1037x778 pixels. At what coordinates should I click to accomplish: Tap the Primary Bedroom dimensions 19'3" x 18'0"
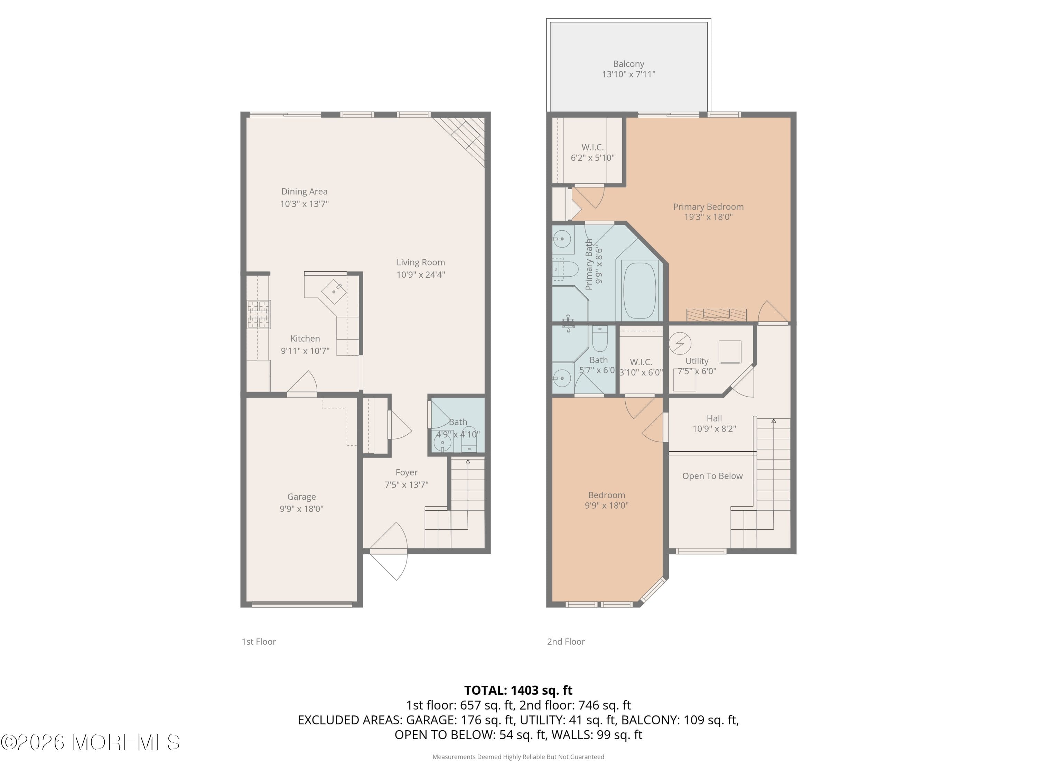click(708, 217)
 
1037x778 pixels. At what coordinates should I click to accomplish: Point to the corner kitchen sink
click(334, 292)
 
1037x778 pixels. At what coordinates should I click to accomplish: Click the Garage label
click(301, 497)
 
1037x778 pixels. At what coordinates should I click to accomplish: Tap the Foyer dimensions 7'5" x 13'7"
click(407, 485)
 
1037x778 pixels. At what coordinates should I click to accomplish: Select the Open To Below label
click(712, 476)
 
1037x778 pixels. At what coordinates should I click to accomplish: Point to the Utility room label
click(697, 361)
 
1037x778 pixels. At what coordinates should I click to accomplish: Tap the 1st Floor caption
click(259, 641)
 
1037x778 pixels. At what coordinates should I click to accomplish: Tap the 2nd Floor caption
click(566, 641)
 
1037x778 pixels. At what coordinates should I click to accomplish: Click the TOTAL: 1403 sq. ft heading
click(518, 690)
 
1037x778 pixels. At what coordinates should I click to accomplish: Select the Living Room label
click(421, 262)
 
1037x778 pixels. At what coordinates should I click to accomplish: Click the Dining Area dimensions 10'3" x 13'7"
click(304, 204)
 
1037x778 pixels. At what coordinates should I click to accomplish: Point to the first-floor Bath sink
click(442, 442)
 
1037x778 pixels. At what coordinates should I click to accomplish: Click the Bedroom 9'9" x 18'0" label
click(607, 500)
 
